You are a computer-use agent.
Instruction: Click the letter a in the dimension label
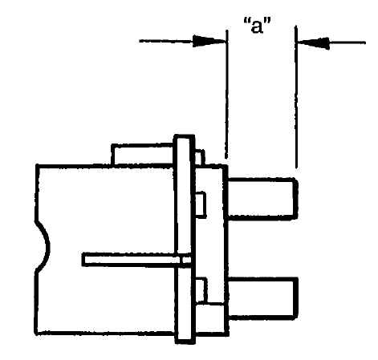(257, 26)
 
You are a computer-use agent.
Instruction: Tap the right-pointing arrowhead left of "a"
(209, 41)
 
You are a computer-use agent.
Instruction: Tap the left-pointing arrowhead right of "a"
(312, 42)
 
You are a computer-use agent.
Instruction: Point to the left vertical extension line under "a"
(227, 94)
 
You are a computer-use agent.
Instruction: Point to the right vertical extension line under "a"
(296, 97)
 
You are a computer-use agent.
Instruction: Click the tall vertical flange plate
(185, 239)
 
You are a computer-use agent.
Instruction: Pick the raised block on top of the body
(143, 155)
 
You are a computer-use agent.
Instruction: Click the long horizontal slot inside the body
(136, 260)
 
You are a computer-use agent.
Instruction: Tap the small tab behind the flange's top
(200, 157)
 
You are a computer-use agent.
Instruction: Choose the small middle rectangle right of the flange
(201, 204)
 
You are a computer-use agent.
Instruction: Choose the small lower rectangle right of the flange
(201, 290)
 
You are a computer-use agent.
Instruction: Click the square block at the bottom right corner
(211, 318)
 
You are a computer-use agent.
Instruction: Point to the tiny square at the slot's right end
(186, 260)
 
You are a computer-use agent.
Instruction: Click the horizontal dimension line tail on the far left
(166, 41)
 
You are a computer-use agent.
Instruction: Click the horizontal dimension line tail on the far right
(348, 42)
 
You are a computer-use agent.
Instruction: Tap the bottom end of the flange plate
(185, 342)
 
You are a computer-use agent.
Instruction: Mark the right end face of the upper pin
(295, 199)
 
